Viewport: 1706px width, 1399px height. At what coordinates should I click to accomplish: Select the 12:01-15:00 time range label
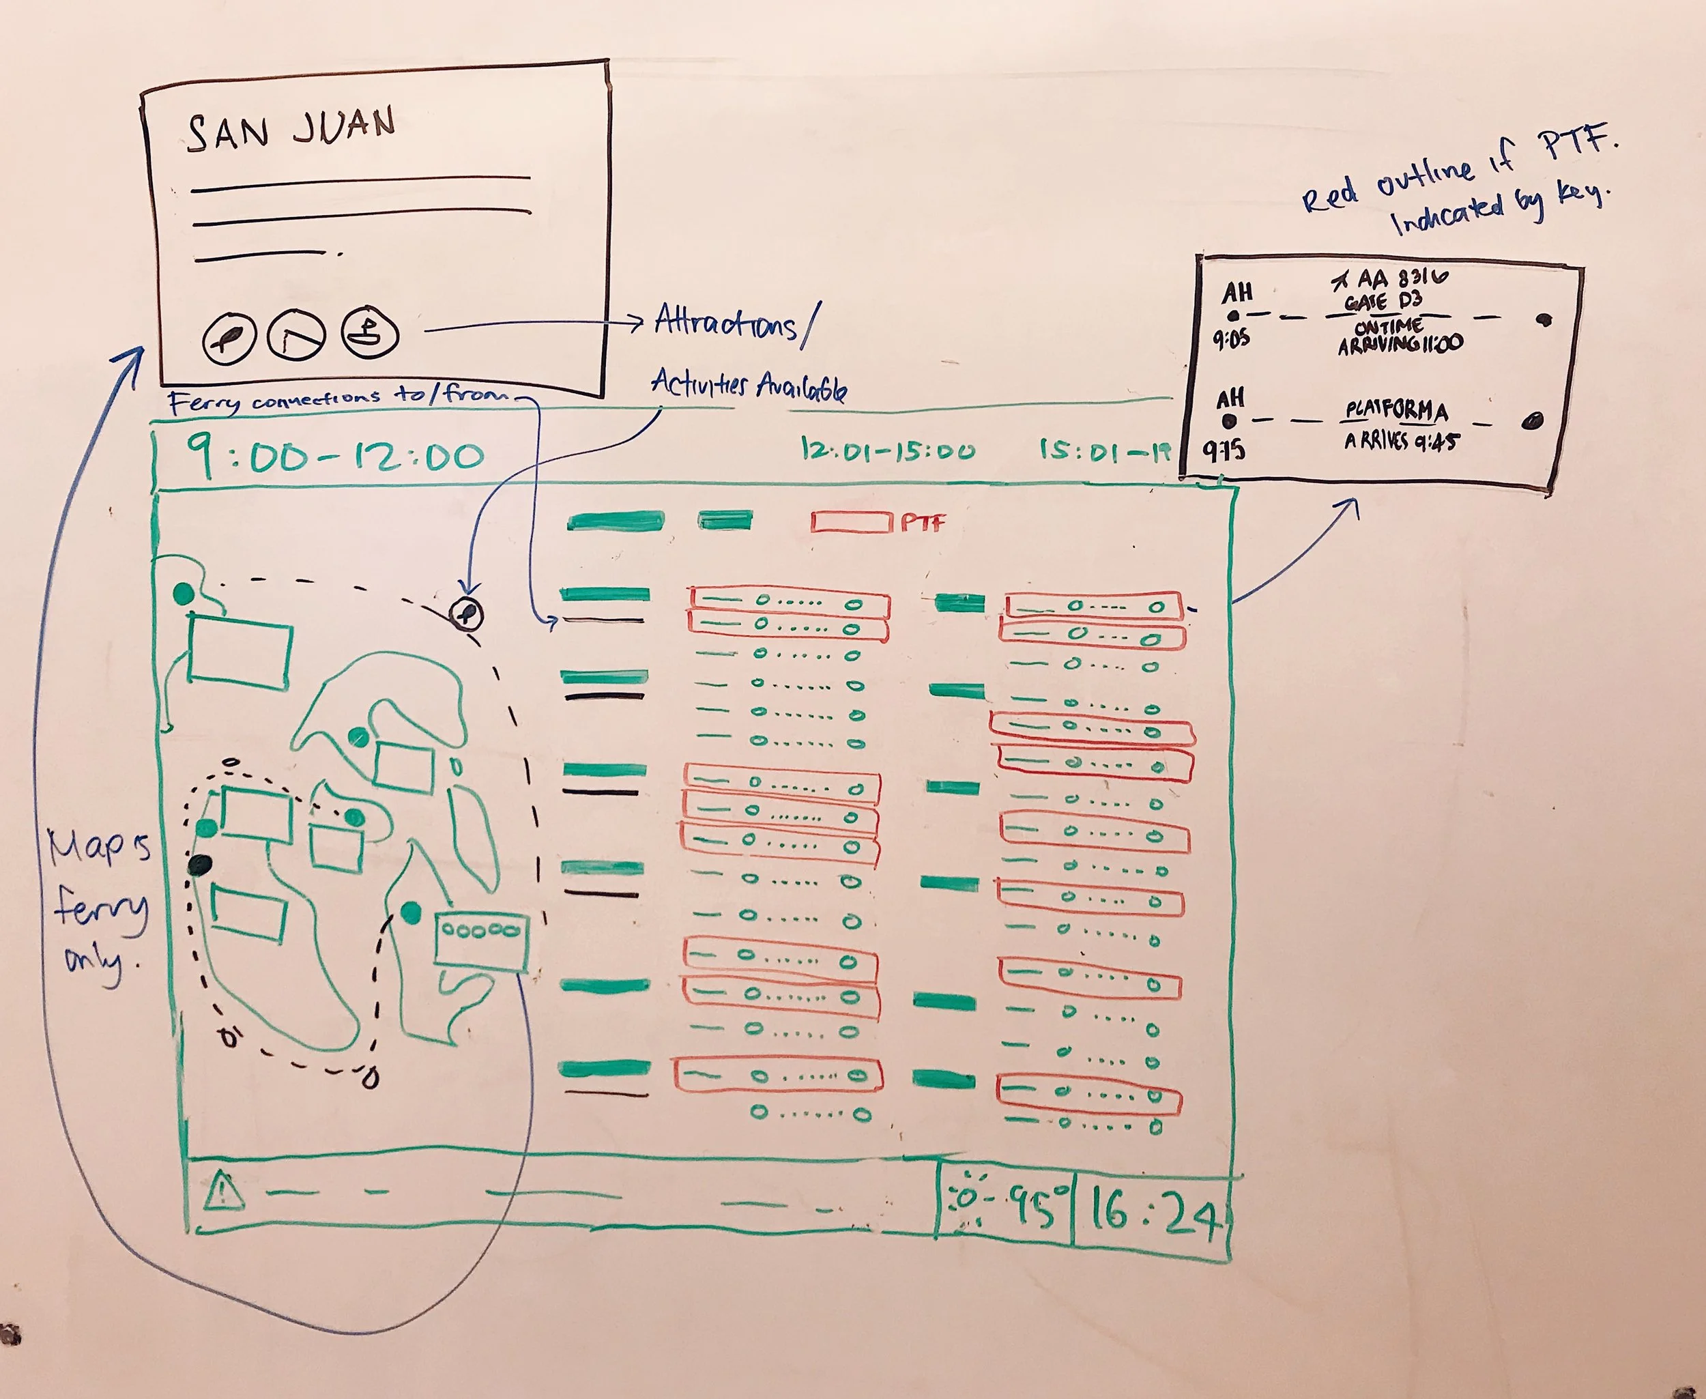coord(887,449)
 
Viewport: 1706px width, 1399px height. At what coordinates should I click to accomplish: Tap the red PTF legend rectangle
coord(852,522)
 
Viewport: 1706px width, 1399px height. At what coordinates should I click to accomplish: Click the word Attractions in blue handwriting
coord(725,322)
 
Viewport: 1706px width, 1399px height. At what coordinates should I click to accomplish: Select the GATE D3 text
coord(1383,302)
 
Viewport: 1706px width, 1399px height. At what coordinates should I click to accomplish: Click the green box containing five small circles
coord(481,939)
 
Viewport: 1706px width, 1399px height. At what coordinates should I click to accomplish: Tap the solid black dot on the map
coord(200,865)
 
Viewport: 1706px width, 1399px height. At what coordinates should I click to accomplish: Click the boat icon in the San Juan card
coord(370,330)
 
